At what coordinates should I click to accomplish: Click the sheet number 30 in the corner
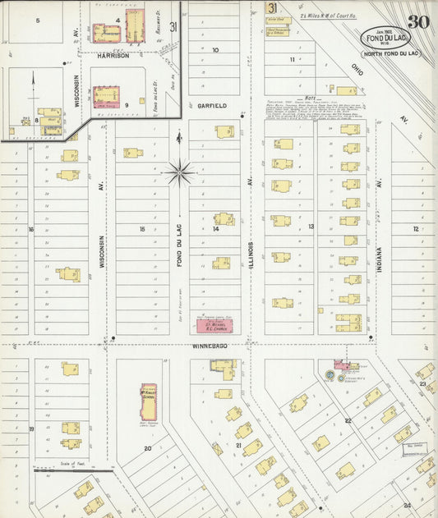(416, 21)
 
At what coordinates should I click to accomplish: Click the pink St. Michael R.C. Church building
(213, 326)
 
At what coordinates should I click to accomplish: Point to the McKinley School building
(148, 401)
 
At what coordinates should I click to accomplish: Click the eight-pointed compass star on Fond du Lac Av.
(179, 172)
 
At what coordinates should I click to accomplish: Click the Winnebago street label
(209, 346)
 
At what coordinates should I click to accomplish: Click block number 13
(311, 226)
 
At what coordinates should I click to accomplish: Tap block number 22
(348, 420)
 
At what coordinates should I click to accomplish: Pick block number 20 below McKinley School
(148, 448)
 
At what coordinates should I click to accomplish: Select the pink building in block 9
(106, 96)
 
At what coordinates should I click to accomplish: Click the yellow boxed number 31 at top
(271, 7)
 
